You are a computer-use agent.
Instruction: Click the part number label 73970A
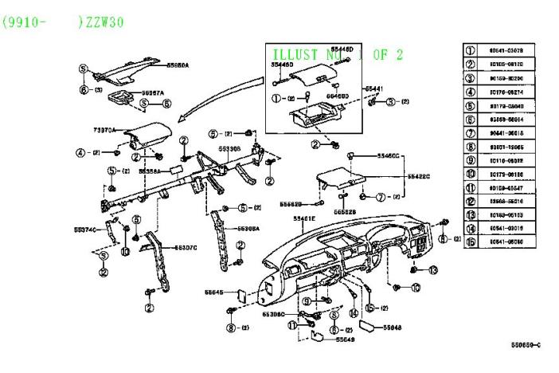click(104, 129)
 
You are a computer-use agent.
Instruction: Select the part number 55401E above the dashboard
click(304, 218)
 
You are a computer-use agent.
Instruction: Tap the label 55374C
click(85, 230)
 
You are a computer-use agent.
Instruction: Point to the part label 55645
click(214, 292)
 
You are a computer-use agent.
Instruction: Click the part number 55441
click(374, 88)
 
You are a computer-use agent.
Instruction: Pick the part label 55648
click(393, 327)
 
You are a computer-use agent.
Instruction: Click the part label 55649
click(345, 340)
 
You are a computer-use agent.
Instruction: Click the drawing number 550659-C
click(526, 345)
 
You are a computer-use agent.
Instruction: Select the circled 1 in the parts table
click(471, 51)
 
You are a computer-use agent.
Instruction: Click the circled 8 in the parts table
click(471, 147)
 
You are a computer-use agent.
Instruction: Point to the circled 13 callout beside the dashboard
click(433, 271)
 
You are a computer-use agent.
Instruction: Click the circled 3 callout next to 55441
click(392, 102)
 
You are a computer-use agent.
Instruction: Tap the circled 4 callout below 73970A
click(80, 152)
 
